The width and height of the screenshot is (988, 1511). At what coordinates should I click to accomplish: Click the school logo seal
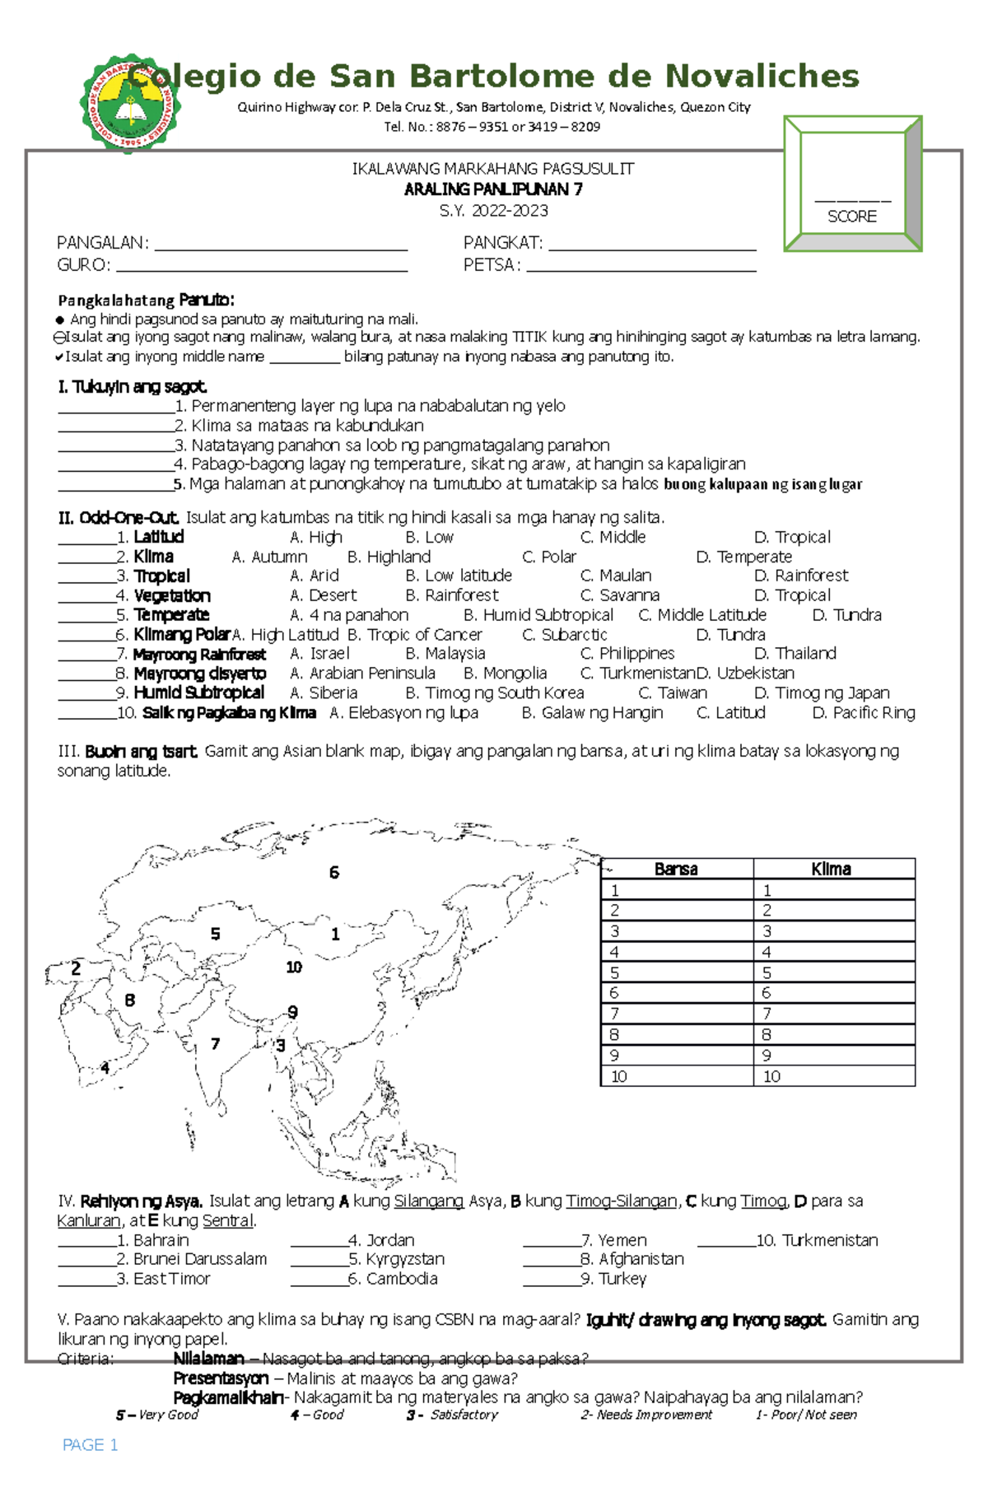pos(130,104)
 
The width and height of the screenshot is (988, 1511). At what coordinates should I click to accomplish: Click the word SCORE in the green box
pos(851,217)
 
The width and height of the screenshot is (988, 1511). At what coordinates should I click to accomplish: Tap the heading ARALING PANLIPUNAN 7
pos(493,189)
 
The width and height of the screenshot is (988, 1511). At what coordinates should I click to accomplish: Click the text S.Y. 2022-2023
pos(493,211)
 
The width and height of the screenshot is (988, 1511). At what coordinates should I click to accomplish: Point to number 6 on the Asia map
pos(333,873)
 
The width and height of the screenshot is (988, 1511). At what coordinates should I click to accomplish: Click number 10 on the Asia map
pos(294,968)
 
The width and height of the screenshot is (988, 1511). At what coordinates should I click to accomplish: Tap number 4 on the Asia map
pos(105,1068)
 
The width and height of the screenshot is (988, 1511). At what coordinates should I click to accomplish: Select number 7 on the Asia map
pos(215,1044)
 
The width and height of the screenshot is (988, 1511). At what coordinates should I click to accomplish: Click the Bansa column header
pos(676,869)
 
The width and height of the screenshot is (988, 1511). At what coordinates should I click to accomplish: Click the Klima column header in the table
pos(831,869)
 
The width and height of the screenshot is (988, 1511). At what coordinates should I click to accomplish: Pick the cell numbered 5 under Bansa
pos(677,972)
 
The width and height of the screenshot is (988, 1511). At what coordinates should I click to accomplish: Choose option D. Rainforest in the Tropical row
pos(801,576)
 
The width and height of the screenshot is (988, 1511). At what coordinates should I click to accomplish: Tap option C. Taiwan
pos(673,693)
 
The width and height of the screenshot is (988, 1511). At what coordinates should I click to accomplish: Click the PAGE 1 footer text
pos(91,1445)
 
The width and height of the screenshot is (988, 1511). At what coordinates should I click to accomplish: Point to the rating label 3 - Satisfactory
pos(452,1415)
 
